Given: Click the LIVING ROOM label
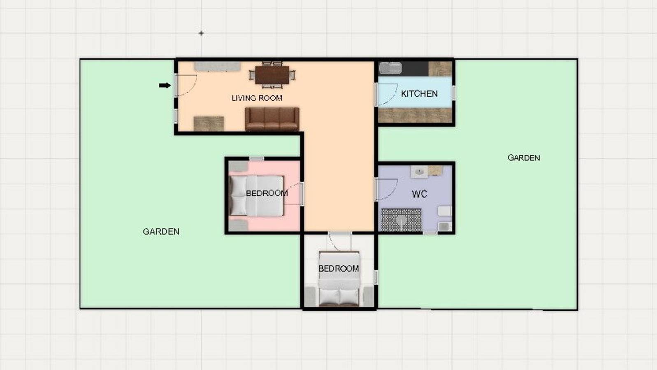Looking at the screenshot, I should [x=257, y=98].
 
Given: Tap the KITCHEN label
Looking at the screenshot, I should [x=419, y=94].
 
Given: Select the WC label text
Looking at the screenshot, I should [x=419, y=194].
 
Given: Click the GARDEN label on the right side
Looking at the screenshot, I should [x=523, y=157].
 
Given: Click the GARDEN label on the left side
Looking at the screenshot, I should [x=161, y=231].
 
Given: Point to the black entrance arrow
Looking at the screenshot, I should [x=165, y=86].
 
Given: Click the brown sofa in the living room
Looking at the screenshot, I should [x=272, y=119].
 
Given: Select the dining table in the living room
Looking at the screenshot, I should [x=272, y=75].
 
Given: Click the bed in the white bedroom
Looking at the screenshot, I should [x=339, y=280].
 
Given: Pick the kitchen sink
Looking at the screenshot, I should [x=390, y=68].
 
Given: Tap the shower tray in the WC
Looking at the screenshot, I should [x=401, y=220].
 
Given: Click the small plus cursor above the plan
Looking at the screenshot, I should [x=201, y=33].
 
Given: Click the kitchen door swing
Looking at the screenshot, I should [x=387, y=95].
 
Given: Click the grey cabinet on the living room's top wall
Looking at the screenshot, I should [x=217, y=67].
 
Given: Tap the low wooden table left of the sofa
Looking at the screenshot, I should [x=209, y=123].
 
